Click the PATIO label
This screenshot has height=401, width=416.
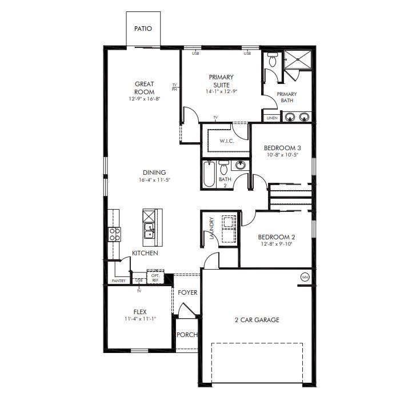point(143,29)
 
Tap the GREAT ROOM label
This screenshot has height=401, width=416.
point(144,88)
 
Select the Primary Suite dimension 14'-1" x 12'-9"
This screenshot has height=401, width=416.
point(221,91)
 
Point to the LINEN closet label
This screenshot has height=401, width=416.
point(272,118)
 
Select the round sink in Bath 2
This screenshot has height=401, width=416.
point(241,166)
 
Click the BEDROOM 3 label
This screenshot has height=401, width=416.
point(282,148)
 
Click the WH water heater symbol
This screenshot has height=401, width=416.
point(305,277)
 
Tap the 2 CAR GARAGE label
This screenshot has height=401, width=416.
point(257,320)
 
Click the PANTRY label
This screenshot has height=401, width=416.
point(119,280)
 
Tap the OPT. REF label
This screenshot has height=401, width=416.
point(155,277)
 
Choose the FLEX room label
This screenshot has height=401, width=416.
point(140,312)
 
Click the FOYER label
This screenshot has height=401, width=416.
point(187,292)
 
